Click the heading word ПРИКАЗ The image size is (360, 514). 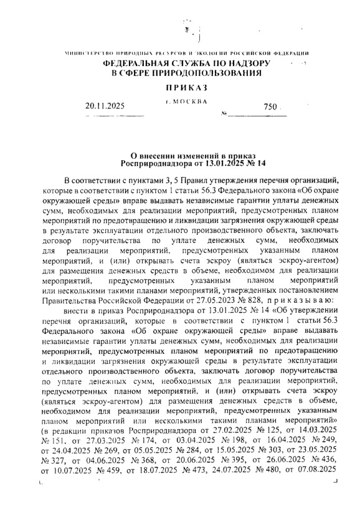(x=180, y=91)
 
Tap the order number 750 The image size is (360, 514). (x=269, y=107)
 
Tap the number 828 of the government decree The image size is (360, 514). (x=241, y=299)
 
